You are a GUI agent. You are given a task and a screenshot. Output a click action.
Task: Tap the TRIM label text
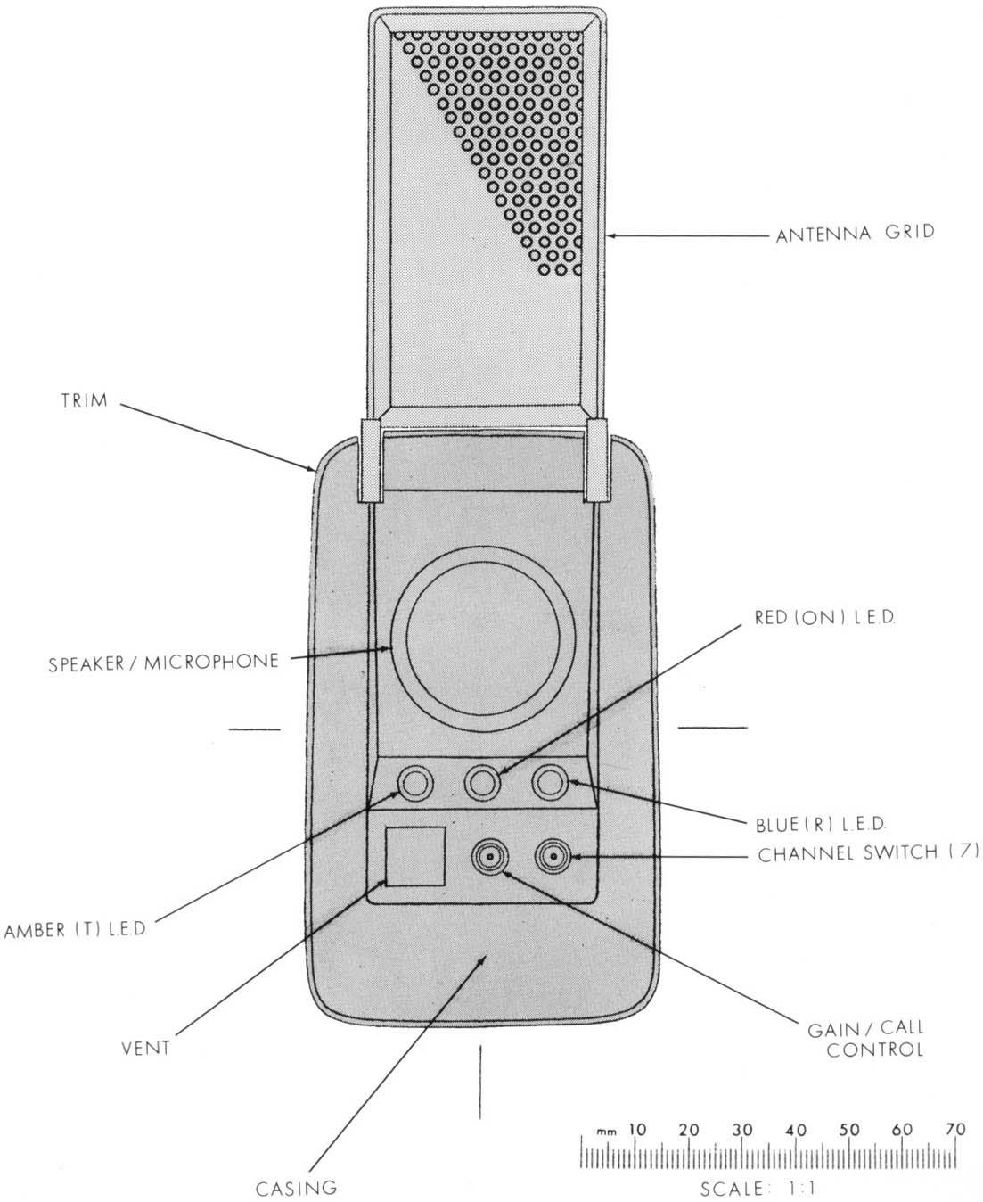tap(84, 400)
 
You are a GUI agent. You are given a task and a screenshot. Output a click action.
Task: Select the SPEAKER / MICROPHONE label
tap(163, 663)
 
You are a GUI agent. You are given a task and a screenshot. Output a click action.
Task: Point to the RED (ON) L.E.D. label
tap(824, 618)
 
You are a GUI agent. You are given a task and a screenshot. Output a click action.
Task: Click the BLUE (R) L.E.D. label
tap(821, 825)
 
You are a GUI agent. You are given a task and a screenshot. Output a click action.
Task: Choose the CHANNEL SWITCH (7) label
tap(868, 853)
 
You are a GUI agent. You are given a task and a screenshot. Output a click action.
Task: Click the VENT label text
tap(145, 1048)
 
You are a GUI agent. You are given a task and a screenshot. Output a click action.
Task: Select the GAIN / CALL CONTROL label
tap(866, 1040)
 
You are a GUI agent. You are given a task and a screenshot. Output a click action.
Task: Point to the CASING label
tap(296, 1188)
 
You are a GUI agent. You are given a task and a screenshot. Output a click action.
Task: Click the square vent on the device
tap(414, 856)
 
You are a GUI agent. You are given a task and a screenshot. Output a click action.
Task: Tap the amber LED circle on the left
tap(414, 784)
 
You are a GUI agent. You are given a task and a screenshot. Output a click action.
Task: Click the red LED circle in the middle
tap(482, 783)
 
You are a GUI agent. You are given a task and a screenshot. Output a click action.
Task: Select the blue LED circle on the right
tap(550, 783)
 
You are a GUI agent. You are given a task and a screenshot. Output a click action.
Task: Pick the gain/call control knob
tap(489, 858)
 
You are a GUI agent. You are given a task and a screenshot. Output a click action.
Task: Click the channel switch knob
tap(553, 858)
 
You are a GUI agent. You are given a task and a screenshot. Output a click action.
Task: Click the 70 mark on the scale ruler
tap(955, 1130)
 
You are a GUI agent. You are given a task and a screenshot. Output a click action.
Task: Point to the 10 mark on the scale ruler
tap(636, 1130)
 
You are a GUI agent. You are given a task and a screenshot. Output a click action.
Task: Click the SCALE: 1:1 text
tap(758, 1188)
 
